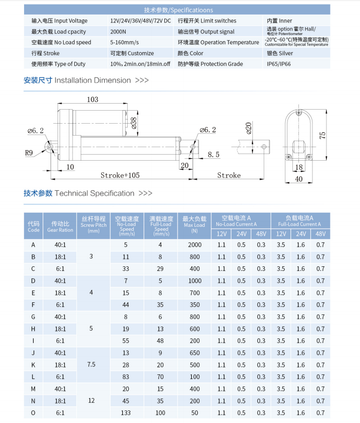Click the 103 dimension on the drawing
tap(93, 100)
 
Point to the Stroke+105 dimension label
tap(120, 175)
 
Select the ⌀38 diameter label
tap(134, 122)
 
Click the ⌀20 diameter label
tap(248, 129)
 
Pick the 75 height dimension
tap(323, 135)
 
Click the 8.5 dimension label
tap(213, 155)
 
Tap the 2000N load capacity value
tap(118, 32)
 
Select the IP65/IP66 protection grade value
tap(278, 64)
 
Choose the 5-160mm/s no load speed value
tap(125, 43)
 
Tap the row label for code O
tap(34, 413)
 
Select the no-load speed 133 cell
tap(126, 413)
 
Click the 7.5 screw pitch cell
tap(91, 365)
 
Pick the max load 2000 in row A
tap(194, 245)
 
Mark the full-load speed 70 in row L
tap(160, 377)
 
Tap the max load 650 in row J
tap(194, 353)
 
